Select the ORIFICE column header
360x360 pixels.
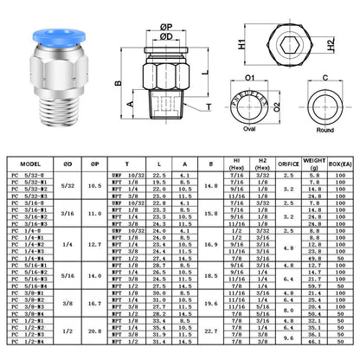288,161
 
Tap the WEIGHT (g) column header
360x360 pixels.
317,161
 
